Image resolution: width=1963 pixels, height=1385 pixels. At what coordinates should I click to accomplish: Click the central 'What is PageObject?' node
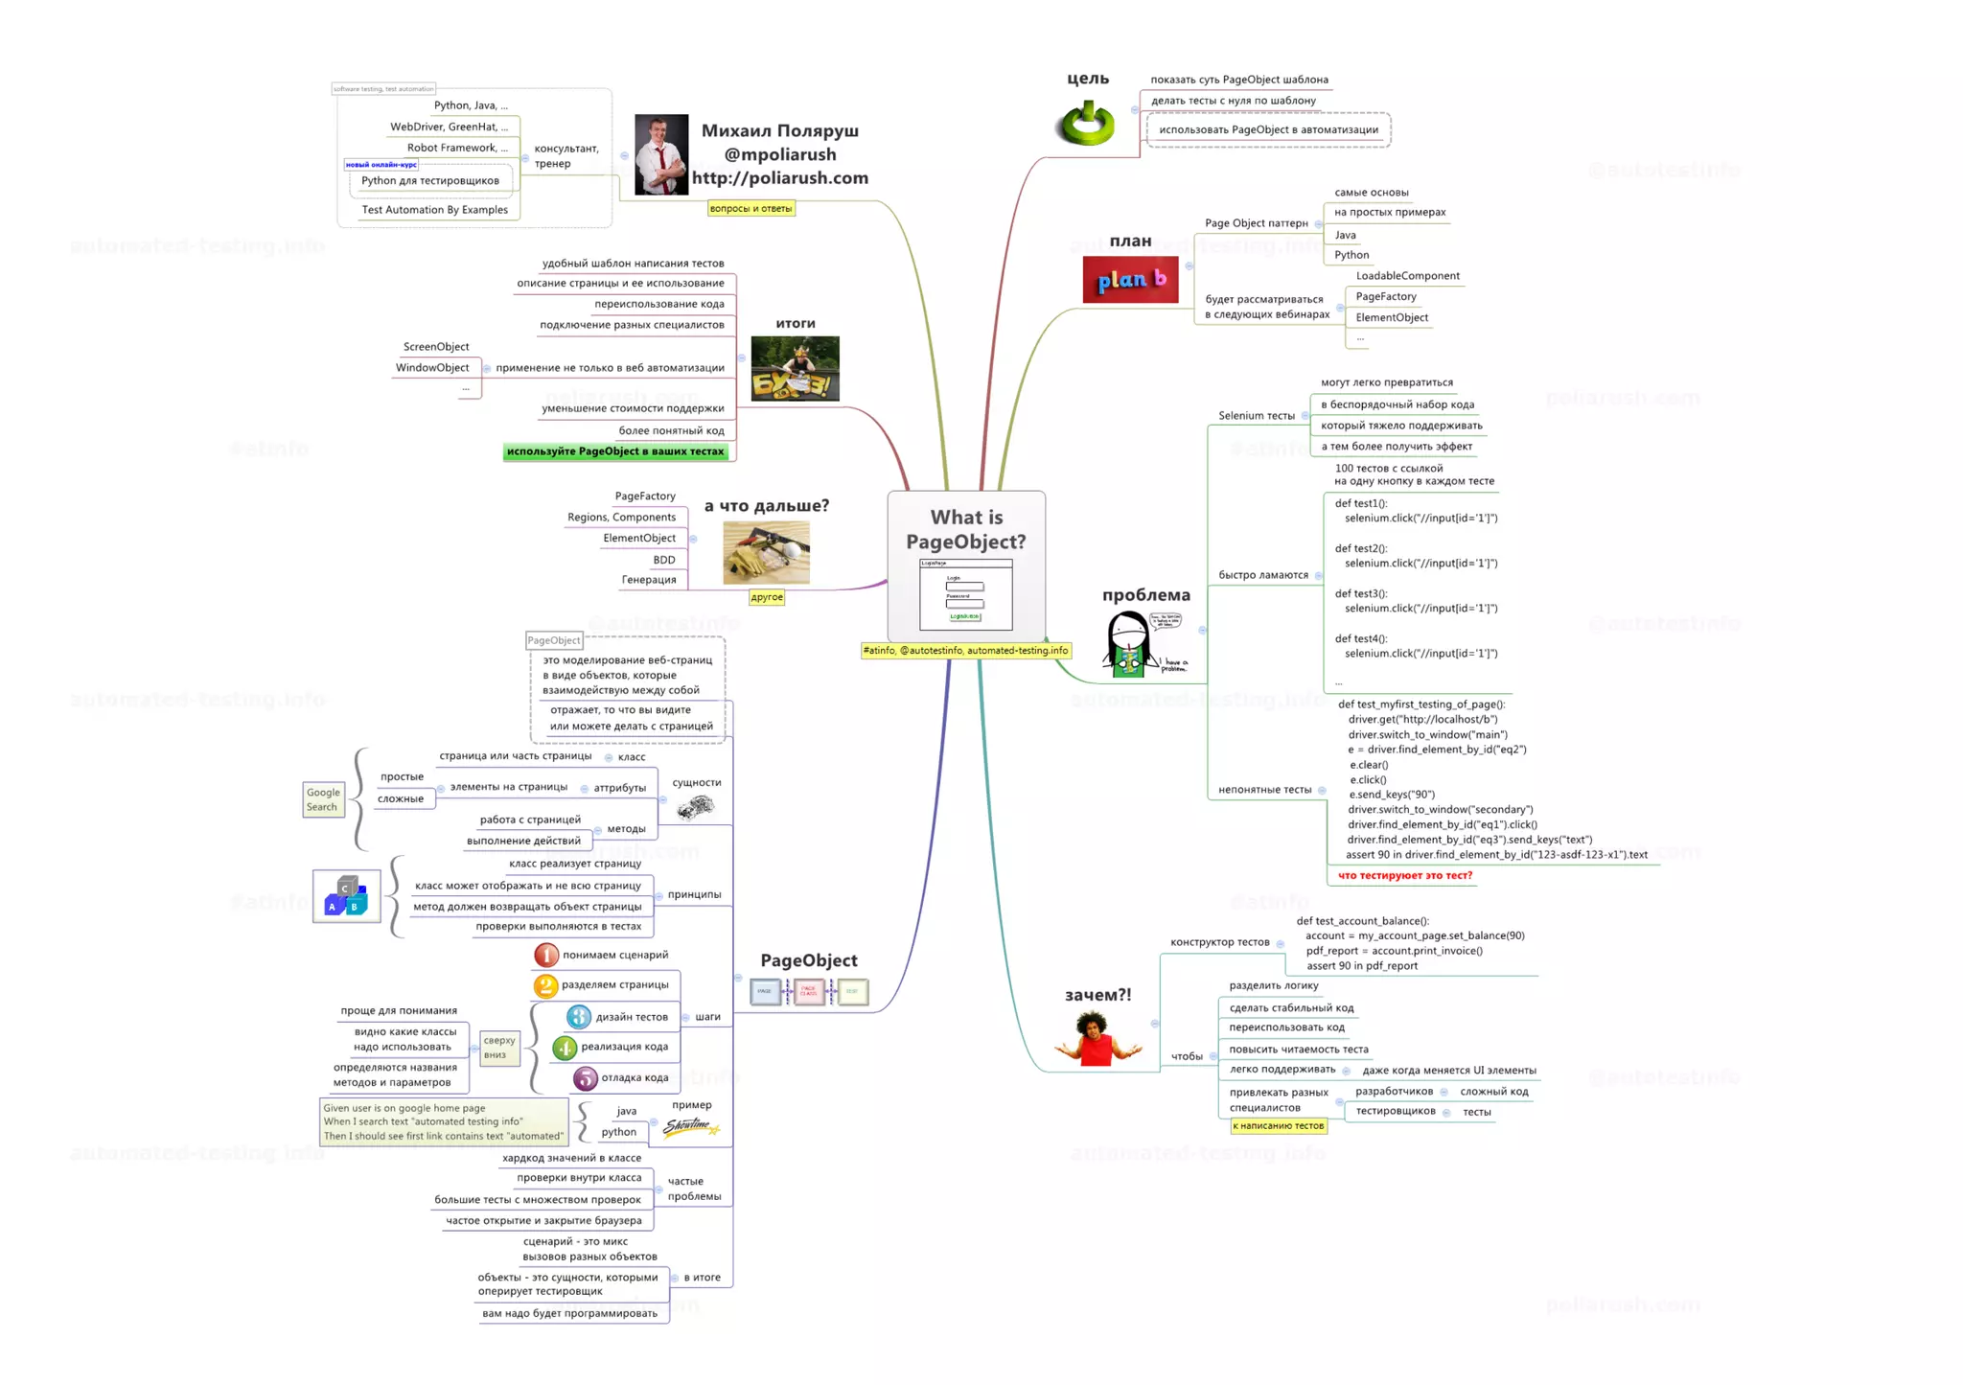pos(965,566)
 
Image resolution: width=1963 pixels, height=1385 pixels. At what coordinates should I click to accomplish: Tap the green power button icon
pos(1086,123)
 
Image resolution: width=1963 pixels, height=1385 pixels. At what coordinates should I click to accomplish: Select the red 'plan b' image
pos(1130,280)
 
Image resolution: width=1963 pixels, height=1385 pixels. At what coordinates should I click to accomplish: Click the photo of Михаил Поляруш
pos(661,155)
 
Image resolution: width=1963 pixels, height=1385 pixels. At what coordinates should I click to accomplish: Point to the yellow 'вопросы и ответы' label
pos(751,208)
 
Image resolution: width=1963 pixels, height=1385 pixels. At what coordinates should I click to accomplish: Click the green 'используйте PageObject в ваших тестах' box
pos(615,451)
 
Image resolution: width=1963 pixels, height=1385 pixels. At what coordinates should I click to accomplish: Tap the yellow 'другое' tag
pos(767,597)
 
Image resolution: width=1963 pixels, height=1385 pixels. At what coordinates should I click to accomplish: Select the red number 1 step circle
pos(545,955)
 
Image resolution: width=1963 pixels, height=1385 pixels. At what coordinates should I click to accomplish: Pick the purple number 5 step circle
pos(585,1078)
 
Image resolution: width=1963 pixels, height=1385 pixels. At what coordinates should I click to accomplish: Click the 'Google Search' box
pos(323,799)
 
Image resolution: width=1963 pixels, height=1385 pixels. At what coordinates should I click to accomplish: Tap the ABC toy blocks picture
pos(346,896)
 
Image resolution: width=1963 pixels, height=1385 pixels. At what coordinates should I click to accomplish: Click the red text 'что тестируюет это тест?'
pos(1404,875)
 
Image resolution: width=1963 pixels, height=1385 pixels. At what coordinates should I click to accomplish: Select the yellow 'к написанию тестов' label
pos(1279,1126)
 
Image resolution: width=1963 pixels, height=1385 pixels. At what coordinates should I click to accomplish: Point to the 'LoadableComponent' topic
pos(1407,276)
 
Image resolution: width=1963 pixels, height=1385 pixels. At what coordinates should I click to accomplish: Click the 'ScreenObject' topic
pos(436,347)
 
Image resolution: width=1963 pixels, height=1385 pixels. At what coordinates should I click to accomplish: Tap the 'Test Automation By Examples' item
pos(434,210)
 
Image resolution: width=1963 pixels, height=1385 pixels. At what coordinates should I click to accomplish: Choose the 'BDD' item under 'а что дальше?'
pos(664,560)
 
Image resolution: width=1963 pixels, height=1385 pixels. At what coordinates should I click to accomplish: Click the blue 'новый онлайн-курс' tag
pos(381,165)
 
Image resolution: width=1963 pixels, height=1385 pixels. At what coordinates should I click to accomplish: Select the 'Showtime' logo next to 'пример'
pos(689,1126)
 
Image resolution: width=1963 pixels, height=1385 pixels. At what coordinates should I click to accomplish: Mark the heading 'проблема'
pos(1145,595)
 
